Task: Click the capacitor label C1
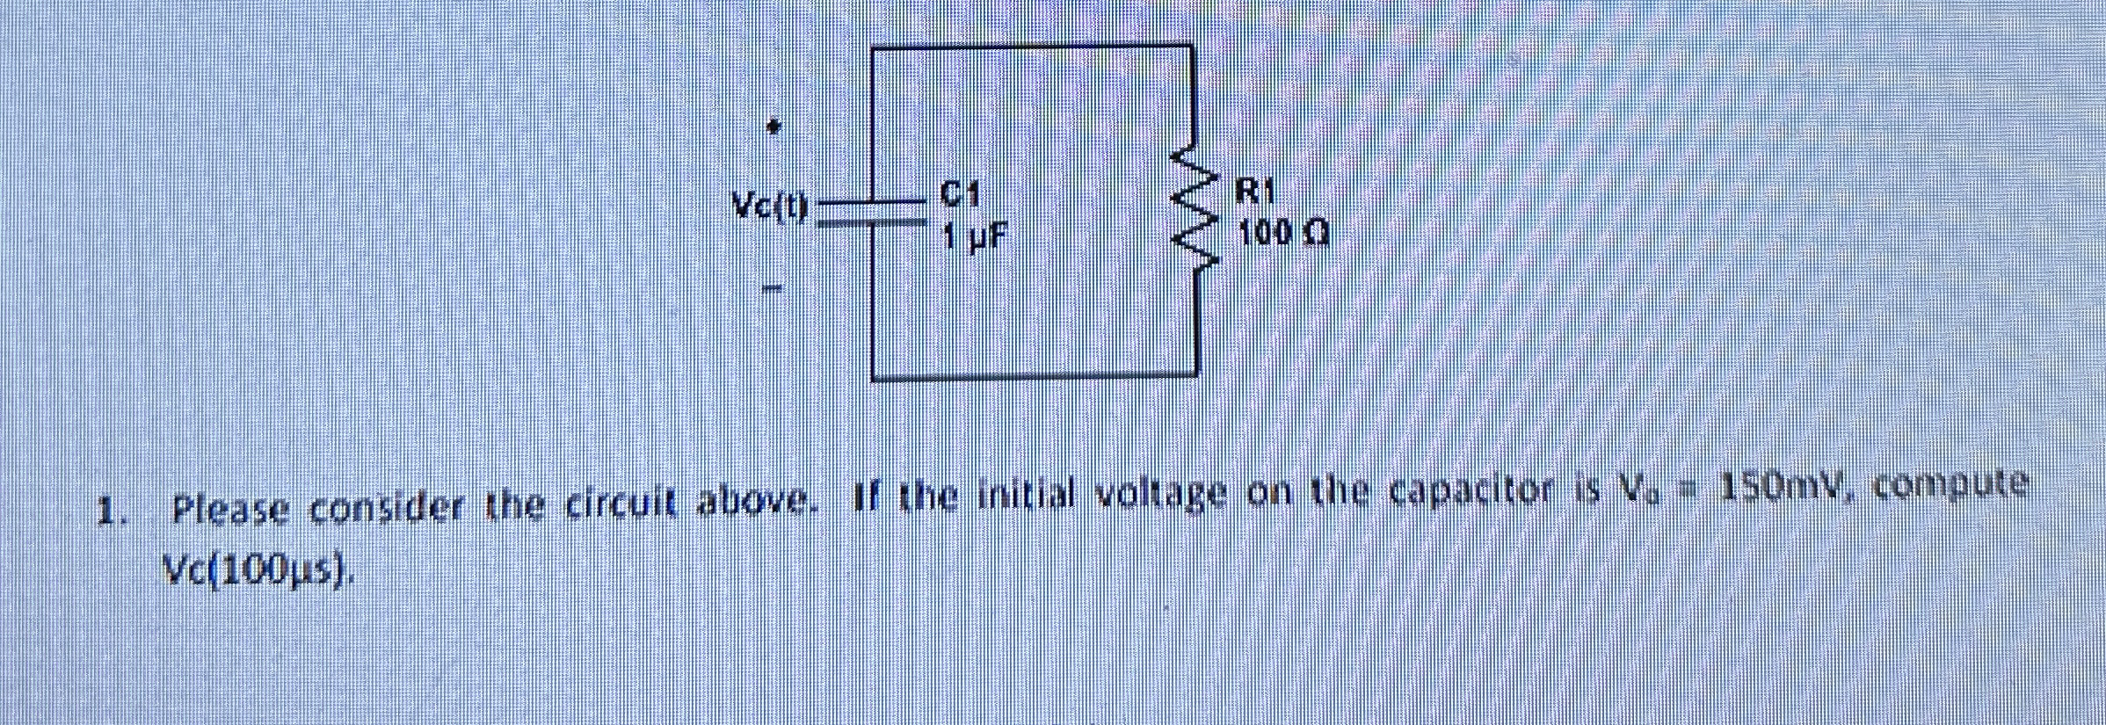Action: click(x=960, y=193)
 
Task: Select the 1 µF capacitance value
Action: click(x=974, y=236)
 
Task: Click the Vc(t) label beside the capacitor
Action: click(x=770, y=207)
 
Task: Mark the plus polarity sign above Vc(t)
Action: click(x=773, y=128)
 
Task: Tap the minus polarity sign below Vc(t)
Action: click(x=772, y=287)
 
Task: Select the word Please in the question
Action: click(x=230, y=509)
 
